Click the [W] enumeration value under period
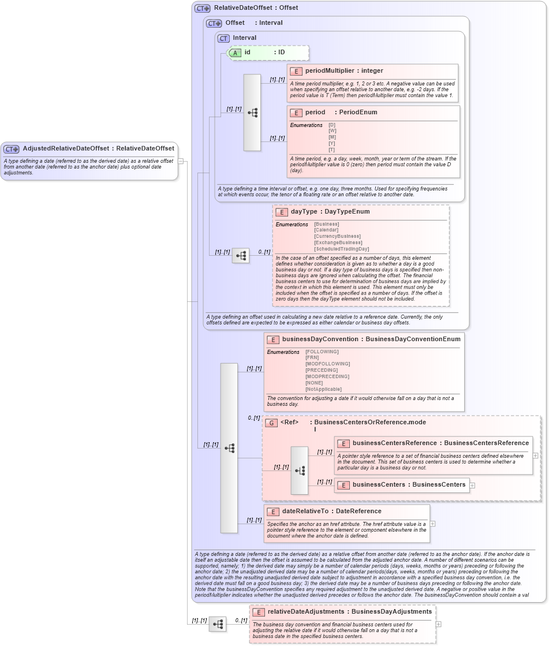pyautogui.click(x=332, y=130)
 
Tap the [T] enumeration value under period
pyautogui.click(x=332, y=150)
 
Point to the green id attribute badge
pyautogui.click(x=235, y=53)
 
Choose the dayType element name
pyautogui.click(x=304, y=212)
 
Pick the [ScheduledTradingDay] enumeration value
pyautogui.click(x=341, y=249)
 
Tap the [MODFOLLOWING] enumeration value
pyautogui.click(x=327, y=364)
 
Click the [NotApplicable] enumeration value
pyautogui.click(x=323, y=389)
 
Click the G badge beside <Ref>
pyautogui.click(x=271, y=423)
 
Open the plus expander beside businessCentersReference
pyautogui.click(x=536, y=455)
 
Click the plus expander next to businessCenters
pyautogui.click(x=472, y=485)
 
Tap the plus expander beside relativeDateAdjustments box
pyautogui.click(x=439, y=623)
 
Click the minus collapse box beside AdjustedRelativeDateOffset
pyautogui.click(x=181, y=161)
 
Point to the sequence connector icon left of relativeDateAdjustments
pyautogui.click(x=218, y=624)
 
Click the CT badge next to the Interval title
pyautogui.click(x=223, y=38)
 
